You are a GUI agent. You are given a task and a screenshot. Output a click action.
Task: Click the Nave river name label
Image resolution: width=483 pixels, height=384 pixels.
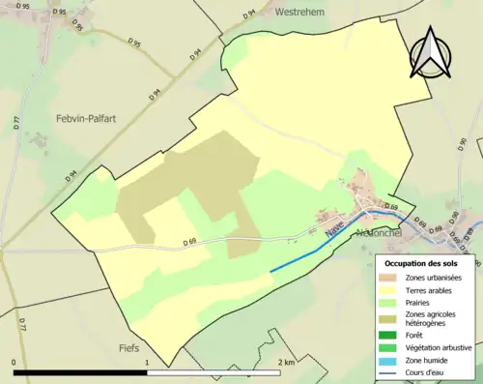[334, 231]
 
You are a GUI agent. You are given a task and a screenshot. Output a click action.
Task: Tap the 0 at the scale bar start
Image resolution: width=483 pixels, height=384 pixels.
[14, 362]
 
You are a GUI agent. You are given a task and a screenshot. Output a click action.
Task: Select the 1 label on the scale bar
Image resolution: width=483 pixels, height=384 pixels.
[146, 362]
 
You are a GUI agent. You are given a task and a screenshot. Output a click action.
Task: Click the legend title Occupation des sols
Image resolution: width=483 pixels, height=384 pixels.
[428, 263]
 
